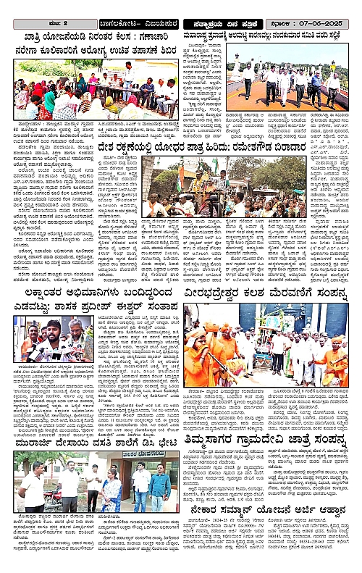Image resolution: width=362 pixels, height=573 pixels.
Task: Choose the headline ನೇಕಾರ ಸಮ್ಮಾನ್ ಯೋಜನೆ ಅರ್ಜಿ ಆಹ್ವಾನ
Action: pos(271,511)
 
